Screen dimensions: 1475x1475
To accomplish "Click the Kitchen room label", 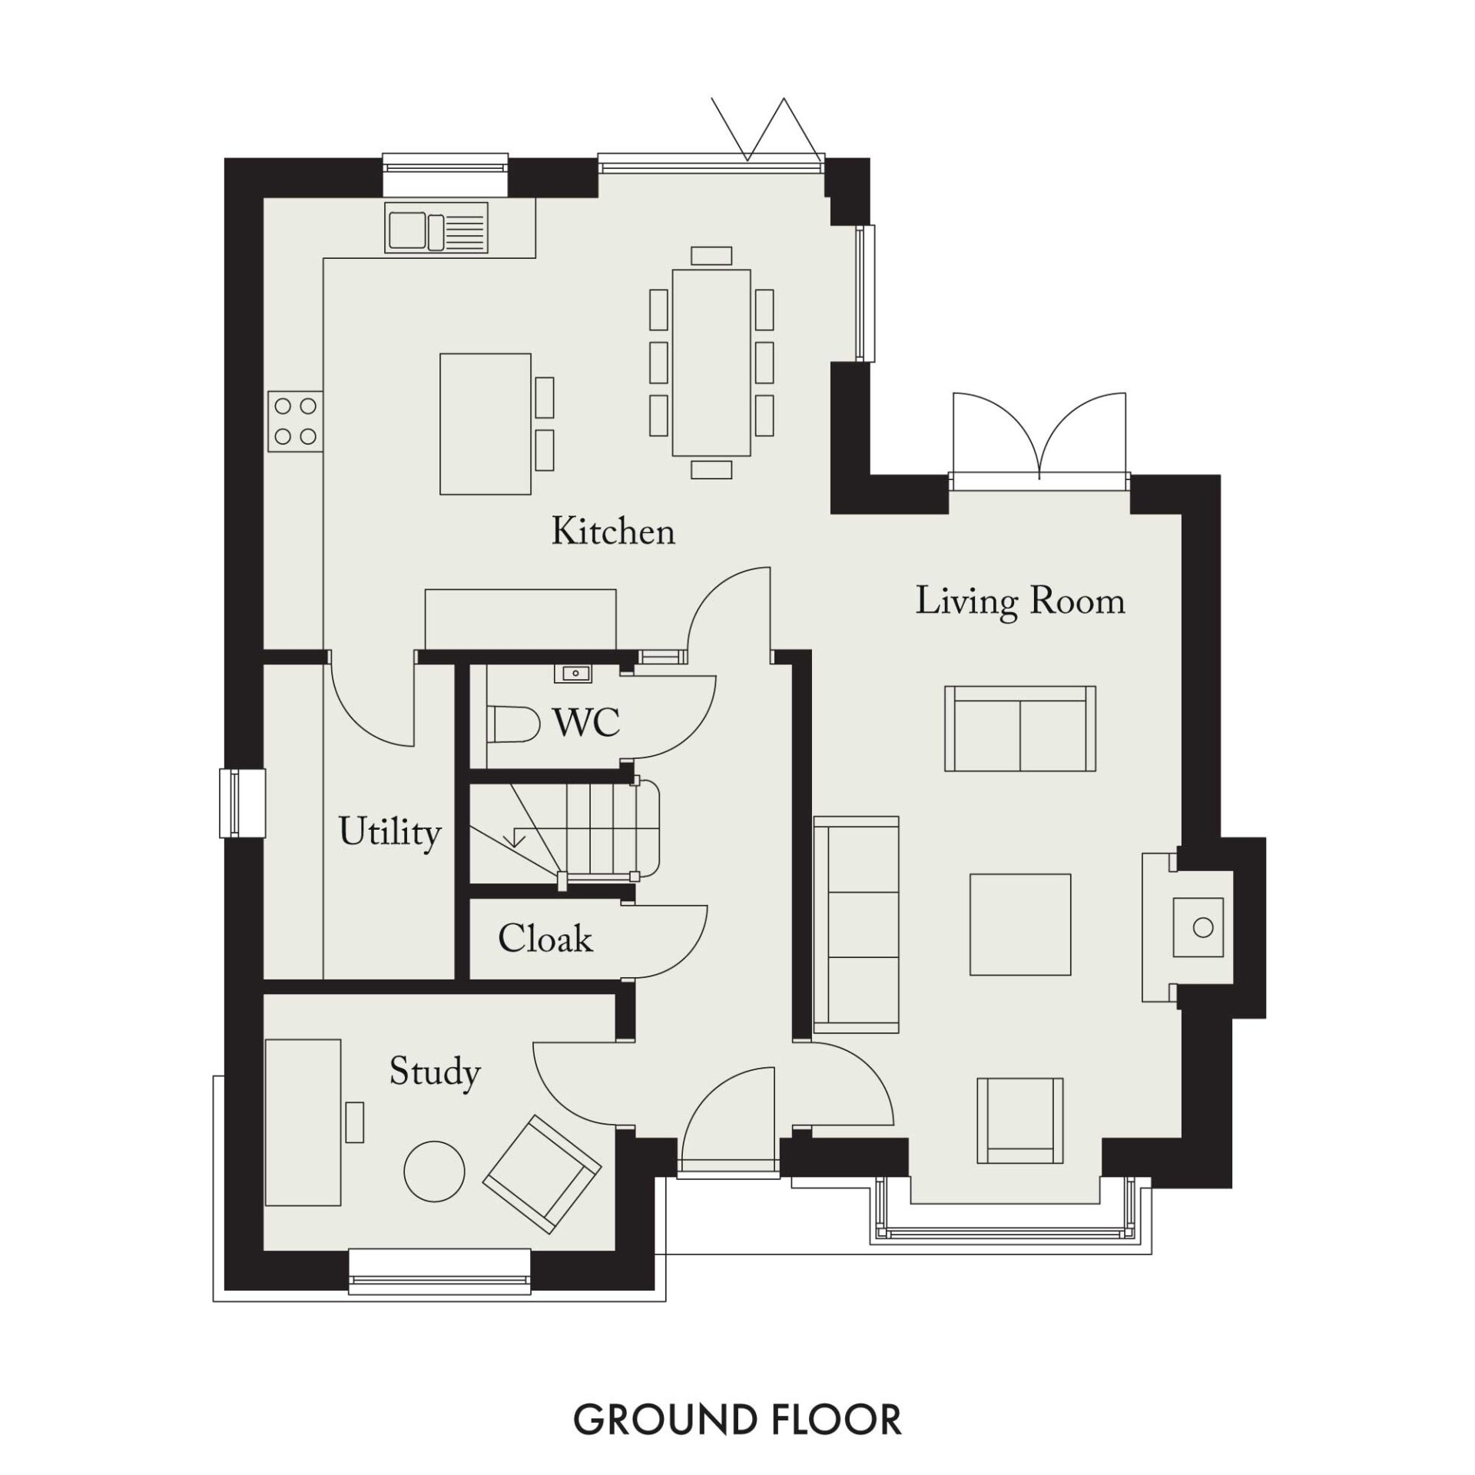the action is click(x=613, y=532).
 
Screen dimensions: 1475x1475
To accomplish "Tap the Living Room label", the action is click(x=1020, y=601).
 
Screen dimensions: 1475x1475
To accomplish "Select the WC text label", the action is click(x=586, y=722).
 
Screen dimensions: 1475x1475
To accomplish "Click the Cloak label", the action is click(x=545, y=938).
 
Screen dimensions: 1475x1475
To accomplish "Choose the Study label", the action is click(x=435, y=1072).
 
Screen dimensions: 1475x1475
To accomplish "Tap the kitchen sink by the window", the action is click(x=436, y=227).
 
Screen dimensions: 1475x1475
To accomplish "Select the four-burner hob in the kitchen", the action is click(x=295, y=421).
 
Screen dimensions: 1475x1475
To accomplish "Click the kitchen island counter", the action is click(x=486, y=424).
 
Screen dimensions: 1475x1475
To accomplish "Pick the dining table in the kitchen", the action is click(x=711, y=362).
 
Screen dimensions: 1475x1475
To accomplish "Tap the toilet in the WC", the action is click(x=512, y=724).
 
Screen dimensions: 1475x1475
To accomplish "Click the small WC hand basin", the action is click(x=572, y=674).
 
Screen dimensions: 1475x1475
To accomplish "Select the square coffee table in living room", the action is click(x=1020, y=924).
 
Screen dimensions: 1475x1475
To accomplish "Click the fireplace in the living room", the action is click(x=1187, y=927).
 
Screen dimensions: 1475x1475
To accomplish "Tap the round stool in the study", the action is click(x=434, y=1172).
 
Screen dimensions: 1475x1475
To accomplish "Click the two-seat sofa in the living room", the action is click(x=1019, y=728).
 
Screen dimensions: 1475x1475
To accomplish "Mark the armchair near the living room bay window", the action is click(x=1020, y=1121).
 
